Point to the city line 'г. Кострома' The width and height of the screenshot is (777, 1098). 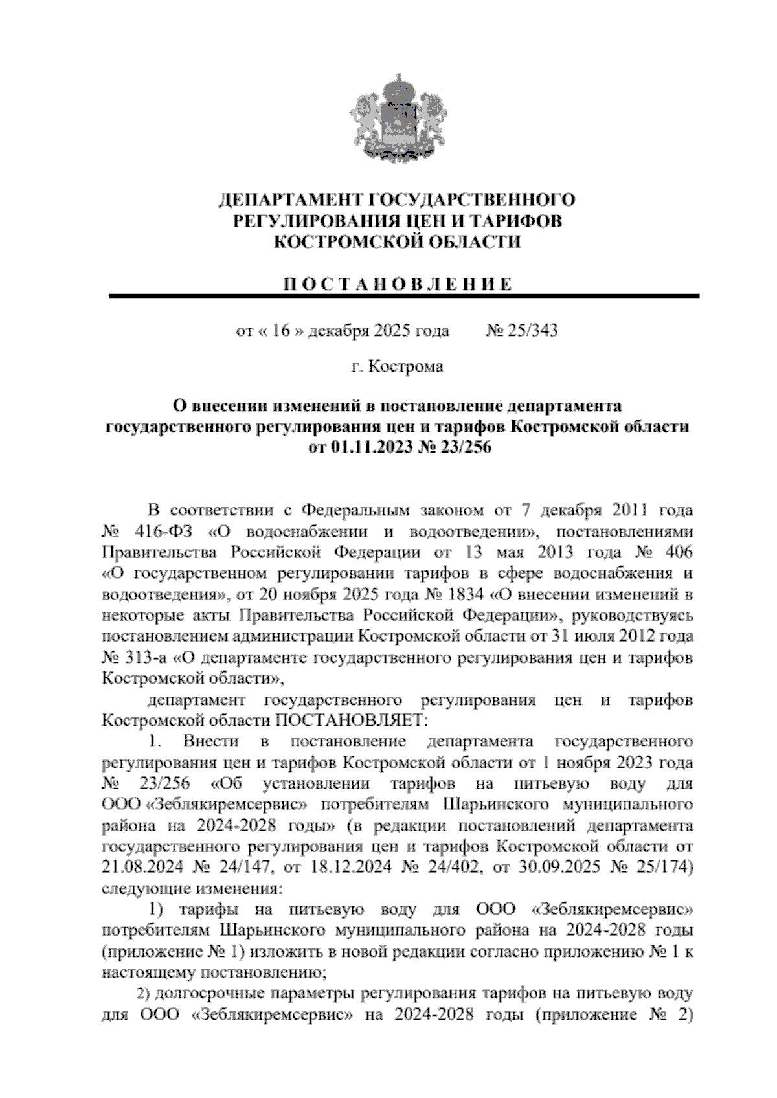(397, 367)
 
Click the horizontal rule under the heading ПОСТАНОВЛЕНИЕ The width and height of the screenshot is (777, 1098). (404, 297)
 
